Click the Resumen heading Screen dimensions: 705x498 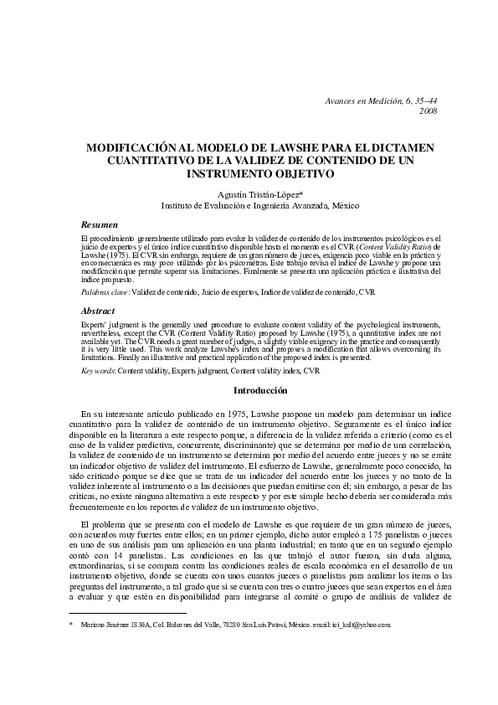click(x=99, y=225)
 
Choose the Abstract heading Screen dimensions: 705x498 click(x=97, y=309)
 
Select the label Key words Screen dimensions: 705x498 click(x=97, y=369)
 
